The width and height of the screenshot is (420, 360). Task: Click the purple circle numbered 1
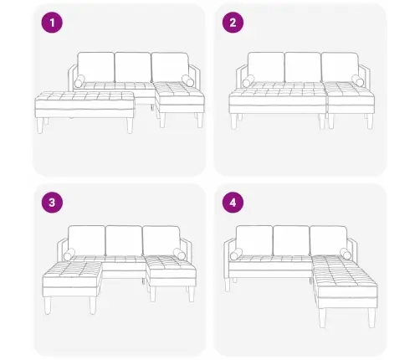(x=52, y=23)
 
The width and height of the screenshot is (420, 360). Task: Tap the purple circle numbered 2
(x=233, y=23)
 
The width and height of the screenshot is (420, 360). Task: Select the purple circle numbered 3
(x=52, y=203)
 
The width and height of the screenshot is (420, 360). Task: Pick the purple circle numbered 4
(x=233, y=203)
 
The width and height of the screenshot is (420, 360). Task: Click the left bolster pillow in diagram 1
(x=79, y=81)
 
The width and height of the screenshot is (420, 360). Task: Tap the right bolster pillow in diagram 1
(x=188, y=80)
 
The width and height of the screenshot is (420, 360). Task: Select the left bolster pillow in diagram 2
(x=248, y=81)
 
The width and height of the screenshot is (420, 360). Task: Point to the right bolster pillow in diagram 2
(x=358, y=80)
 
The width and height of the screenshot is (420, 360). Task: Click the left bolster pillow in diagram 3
(x=69, y=255)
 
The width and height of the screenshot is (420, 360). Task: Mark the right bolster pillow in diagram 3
(x=179, y=254)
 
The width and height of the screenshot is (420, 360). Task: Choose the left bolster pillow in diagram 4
(x=236, y=255)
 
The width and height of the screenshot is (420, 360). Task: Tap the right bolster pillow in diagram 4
(x=346, y=254)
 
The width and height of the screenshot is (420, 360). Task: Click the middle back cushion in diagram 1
(x=133, y=67)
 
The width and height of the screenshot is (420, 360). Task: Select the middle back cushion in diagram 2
(x=303, y=67)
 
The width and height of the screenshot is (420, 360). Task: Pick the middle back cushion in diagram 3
(x=124, y=241)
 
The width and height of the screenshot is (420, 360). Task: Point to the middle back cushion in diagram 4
(x=291, y=241)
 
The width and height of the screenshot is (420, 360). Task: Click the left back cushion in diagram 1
(x=95, y=67)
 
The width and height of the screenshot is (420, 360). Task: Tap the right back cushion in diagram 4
(x=328, y=240)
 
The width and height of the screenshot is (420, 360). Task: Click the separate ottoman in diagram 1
(x=85, y=111)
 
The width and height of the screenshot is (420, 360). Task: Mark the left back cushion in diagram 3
(x=87, y=240)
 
